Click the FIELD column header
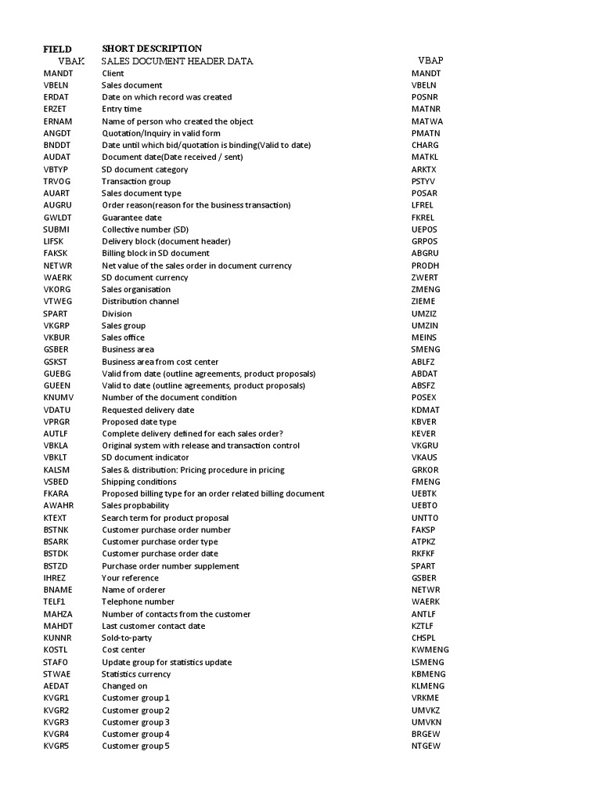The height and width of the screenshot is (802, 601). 57,49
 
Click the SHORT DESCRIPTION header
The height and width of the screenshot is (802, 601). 152,49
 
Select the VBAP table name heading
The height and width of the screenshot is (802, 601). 430,60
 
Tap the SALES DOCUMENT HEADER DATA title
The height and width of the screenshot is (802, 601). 178,61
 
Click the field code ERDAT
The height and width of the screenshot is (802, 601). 56,97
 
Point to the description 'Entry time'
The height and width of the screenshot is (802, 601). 122,109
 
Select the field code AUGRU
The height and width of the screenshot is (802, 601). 57,205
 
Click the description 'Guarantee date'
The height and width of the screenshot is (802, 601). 132,217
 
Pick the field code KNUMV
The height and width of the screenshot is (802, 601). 58,398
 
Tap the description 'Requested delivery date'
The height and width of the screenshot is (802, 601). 148,410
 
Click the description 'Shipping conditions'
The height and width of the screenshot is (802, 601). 139,482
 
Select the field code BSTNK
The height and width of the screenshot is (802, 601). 57,530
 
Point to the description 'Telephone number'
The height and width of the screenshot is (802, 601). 138,602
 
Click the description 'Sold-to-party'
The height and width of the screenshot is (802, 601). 127,638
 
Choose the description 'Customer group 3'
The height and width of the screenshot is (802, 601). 136,722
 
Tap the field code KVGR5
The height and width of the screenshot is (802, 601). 56,746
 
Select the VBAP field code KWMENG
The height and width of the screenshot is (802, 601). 430,650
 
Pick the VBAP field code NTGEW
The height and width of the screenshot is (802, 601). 426,746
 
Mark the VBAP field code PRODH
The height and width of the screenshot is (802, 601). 426,266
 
